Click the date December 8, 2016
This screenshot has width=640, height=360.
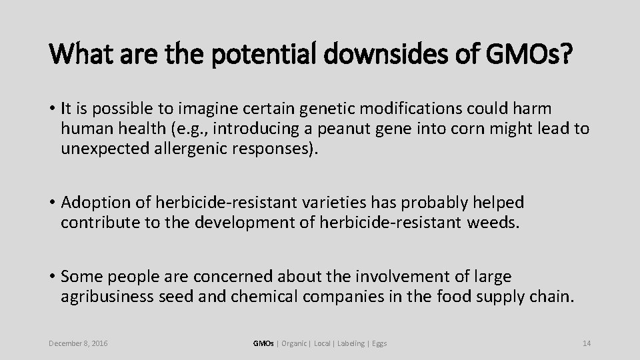point(79,343)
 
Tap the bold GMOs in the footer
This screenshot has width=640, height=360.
point(263,343)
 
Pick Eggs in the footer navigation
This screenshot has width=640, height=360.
point(379,343)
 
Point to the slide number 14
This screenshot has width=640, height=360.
point(587,343)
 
